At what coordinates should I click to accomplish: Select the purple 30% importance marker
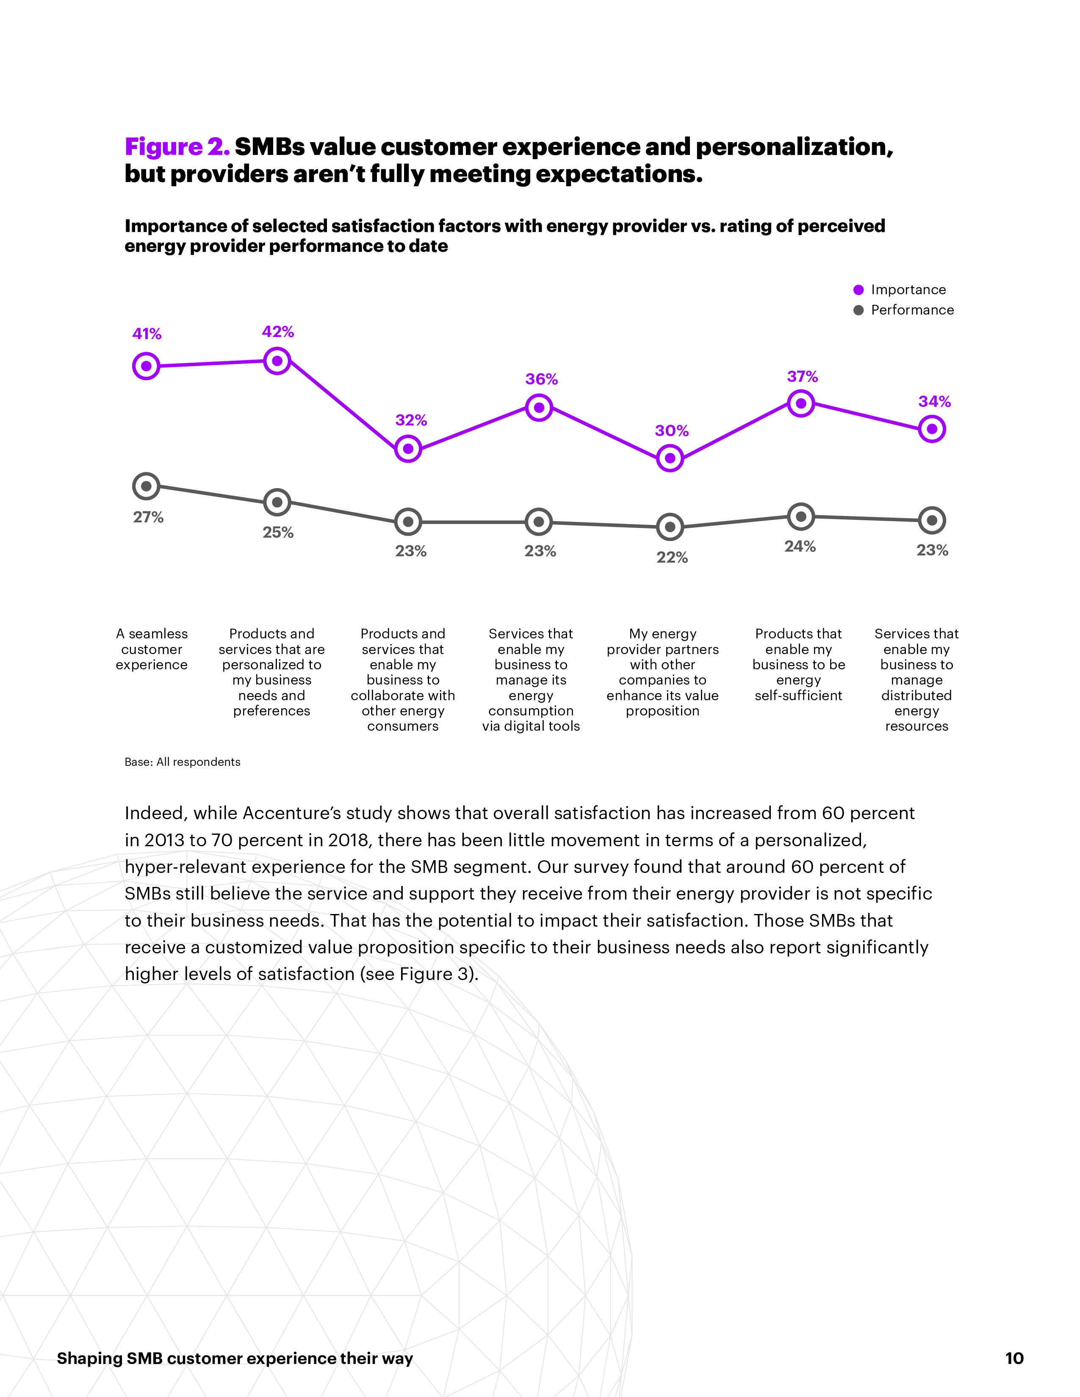click(x=670, y=458)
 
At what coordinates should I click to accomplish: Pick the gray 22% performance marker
click(x=670, y=527)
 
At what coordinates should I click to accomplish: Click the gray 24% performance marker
click(x=800, y=516)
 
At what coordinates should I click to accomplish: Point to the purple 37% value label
click(x=802, y=377)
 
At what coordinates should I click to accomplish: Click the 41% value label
click(x=147, y=334)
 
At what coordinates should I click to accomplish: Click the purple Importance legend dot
click(x=858, y=290)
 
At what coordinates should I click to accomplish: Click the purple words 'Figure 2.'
click(x=177, y=147)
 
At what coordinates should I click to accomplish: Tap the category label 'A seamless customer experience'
click(x=152, y=649)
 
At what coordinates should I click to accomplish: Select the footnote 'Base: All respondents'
click(x=183, y=762)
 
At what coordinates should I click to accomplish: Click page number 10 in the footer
click(x=1014, y=1358)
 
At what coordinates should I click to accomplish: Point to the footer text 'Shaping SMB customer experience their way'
click(x=235, y=1358)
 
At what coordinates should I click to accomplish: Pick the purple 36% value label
click(x=541, y=379)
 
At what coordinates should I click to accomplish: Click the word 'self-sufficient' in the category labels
click(x=798, y=695)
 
